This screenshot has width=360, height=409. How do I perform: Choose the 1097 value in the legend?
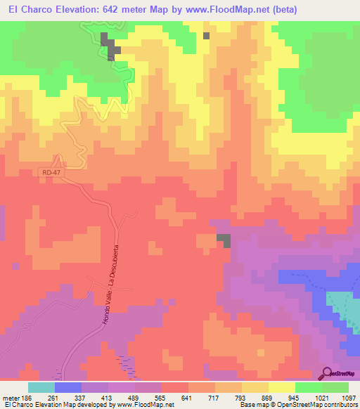[349, 397]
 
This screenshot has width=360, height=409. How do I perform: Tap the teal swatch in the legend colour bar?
[41, 387]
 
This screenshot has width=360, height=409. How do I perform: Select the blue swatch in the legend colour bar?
[68, 387]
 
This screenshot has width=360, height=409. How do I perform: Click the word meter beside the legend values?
[12, 397]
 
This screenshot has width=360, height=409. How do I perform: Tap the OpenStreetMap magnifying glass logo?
[327, 373]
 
